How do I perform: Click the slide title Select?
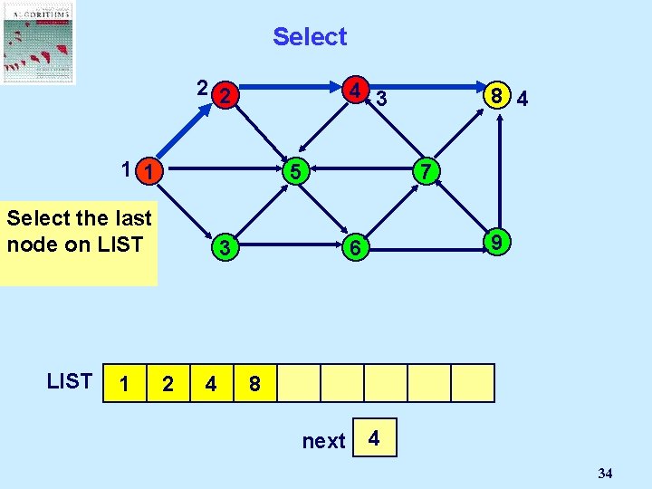coord(310,37)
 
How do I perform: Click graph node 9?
coord(494,243)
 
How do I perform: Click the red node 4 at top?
coord(359,91)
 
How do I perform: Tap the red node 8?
coord(494,96)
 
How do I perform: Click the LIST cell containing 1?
coord(124,383)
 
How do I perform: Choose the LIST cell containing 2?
coord(168,383)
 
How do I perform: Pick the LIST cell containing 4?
coord(211,383)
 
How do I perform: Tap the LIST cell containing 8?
coord(254,383)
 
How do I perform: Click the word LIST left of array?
coord(70,381)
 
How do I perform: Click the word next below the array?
coord(323,441)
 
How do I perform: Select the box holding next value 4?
coord(376,438)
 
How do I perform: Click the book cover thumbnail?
coord(38,42)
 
